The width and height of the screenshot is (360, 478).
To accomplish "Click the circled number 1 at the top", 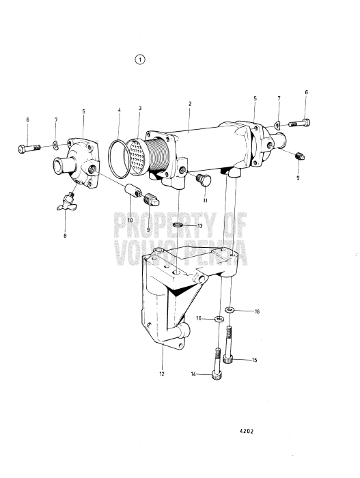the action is [x=140, y=59].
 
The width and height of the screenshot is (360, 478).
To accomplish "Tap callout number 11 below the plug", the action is [x=204, y=202].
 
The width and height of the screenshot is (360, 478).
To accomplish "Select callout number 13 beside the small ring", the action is [x=199, y=225].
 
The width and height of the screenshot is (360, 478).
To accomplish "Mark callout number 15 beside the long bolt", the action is [x=254, y=360].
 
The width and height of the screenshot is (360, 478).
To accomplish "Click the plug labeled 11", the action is [x=202, y=180].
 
